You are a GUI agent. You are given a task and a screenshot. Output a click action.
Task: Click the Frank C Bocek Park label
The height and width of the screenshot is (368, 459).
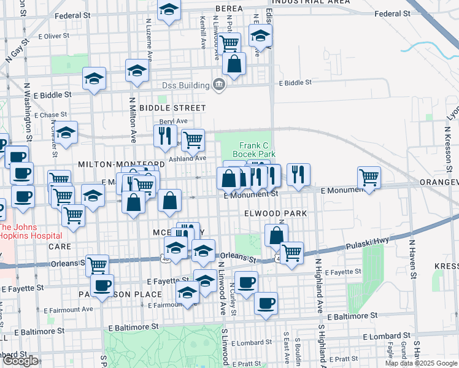(254, 150)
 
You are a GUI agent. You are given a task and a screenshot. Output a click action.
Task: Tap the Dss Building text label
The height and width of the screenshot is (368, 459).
(185, 85)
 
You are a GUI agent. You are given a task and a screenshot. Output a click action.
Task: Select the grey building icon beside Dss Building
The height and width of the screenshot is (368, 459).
(218, 85)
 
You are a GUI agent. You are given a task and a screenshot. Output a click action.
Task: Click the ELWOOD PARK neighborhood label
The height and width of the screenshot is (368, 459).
(275, 213)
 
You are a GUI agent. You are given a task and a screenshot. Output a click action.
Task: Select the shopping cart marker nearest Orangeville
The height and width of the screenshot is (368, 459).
(369, 178)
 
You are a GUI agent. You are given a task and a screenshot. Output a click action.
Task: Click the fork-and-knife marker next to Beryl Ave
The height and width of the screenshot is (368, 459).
(164, 135)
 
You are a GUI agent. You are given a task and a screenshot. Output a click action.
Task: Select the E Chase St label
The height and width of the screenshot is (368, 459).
(50, 115)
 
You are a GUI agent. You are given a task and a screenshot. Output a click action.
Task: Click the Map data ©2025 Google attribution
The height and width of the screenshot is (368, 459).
(420, 363)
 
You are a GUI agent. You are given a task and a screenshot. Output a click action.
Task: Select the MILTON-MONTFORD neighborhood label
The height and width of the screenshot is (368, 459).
(121, 164)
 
